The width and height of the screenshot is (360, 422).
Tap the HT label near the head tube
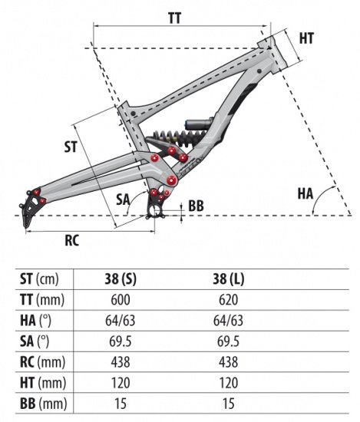306,38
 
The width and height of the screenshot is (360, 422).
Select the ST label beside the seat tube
70,144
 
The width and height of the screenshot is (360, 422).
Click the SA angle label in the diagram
123,199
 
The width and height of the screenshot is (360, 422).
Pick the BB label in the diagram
196,206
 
